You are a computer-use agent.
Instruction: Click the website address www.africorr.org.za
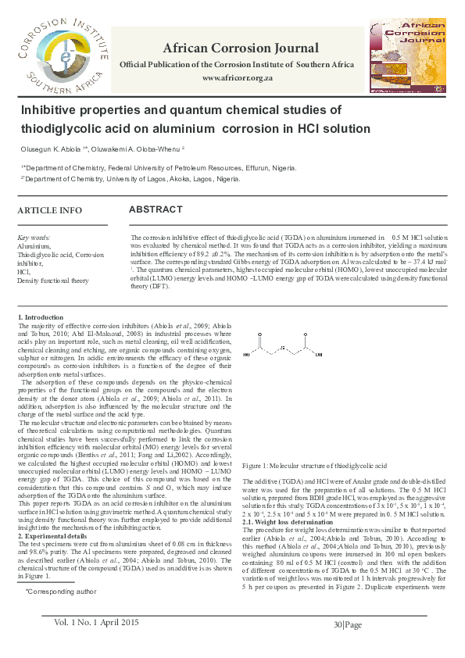[x=237, y=79]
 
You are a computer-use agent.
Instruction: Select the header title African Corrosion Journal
[x=237, y=48]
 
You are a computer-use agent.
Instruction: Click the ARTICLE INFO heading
[x=49, y=211]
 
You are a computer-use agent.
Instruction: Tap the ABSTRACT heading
[x=156, y=210]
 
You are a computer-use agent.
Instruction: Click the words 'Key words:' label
[x=34, y=237]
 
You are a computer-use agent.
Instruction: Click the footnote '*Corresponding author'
[x=61, y=592]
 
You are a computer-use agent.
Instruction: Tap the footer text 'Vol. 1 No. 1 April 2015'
[x=97, y=622]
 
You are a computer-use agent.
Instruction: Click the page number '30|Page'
[x=348, y=624]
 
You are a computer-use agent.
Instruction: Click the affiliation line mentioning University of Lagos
[x=131, y=179]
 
